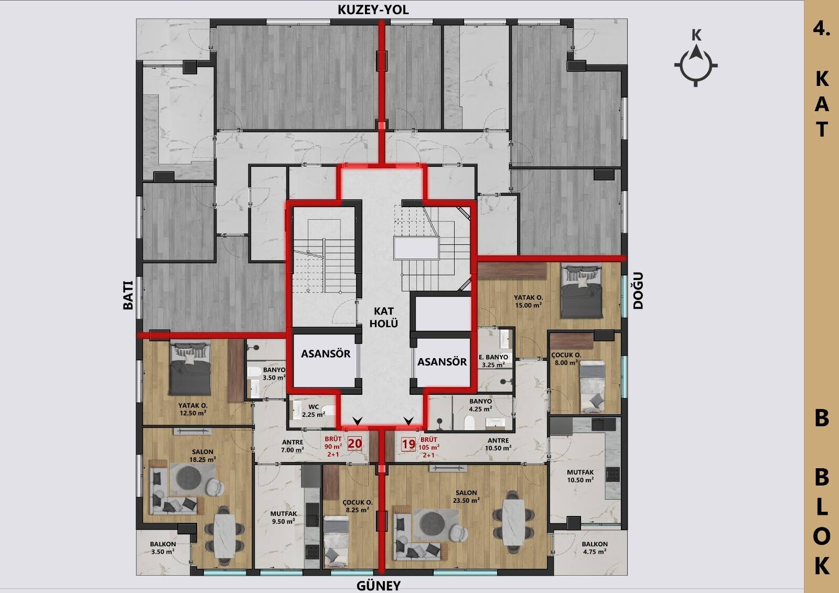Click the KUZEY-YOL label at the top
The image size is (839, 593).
[373, 10]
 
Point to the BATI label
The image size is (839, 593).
[128, 295]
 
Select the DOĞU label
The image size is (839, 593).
[638, 290]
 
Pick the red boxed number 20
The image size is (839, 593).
[354, 444]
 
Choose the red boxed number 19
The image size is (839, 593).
[408, 444]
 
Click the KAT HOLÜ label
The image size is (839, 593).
[383, 317]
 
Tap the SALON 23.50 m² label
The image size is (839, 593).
[466, 497]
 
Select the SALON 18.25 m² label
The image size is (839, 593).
[202, 456]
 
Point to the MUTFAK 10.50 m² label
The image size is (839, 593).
[580, 476]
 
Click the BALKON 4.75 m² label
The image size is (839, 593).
[595, 548]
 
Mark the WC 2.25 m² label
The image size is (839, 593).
[314, 411]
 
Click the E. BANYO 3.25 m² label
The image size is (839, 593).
[493, 361]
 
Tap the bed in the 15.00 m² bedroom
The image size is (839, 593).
[582, 290]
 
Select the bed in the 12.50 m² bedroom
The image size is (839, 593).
[190, 368]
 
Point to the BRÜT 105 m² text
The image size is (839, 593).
[429, 447]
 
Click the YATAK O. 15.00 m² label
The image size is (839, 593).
[528, 301]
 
